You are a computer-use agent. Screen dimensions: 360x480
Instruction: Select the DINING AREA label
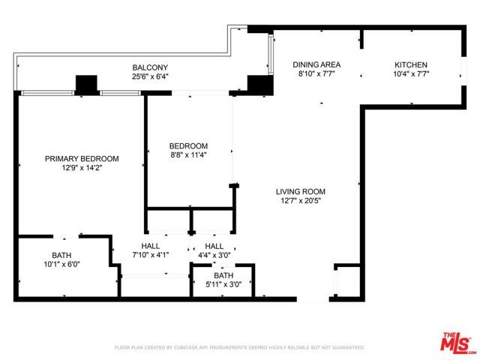click(316, 64)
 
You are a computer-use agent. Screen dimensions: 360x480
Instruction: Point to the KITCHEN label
click(411, 64)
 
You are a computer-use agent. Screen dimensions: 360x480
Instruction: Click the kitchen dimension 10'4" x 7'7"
click(411, 74)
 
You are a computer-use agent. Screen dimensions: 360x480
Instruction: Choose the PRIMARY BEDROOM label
click(82, 158)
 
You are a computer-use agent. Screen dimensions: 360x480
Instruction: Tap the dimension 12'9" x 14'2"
click(82, 168)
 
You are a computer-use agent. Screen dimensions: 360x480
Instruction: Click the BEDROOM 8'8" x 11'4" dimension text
click(188, 155)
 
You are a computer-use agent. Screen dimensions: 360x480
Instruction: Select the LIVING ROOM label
click(300, 191)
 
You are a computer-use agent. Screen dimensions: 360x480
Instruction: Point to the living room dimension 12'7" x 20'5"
click(300, 201)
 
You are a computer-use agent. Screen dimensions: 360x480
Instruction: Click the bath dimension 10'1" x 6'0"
click(61, 264)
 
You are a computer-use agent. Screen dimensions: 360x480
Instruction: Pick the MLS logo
click(456, 341)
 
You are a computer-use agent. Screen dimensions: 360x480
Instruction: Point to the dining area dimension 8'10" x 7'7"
click(316, 74)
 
